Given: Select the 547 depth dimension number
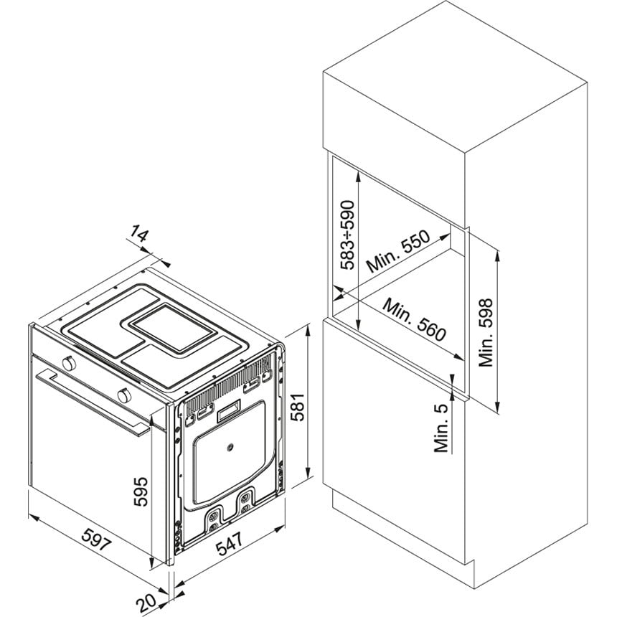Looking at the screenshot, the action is [x=230, y=542].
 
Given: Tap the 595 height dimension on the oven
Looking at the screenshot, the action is [x=141, y=491].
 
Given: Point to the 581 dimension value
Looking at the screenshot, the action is [x=298, y=407].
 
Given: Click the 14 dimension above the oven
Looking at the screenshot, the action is [x=139, y=234].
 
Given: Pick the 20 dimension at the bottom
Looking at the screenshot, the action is [x=146, y=602].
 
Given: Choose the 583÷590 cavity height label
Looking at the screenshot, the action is [x=347, y=235].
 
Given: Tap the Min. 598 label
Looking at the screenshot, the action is [x=486, y=333].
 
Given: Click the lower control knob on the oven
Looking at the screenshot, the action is [x=124, y=395].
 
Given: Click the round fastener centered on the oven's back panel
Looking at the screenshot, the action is [x=229, y=447].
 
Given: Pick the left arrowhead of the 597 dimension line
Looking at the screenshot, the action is [x=33, y=517].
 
